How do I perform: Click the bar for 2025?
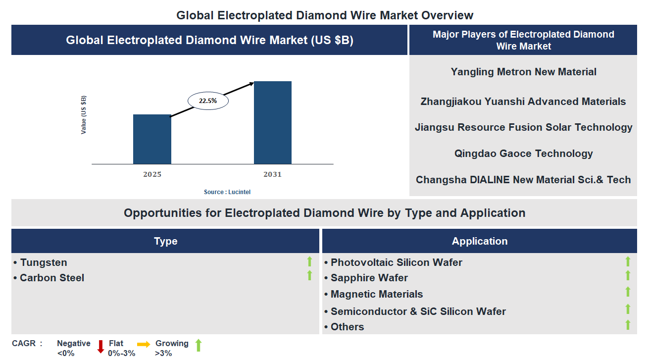pos(152,139)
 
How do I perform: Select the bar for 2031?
pos(273,122)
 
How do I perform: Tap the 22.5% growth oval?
pos(208,101)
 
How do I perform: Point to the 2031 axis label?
pos(273,174)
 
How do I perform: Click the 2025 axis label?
pos(152,174)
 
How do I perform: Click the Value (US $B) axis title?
pos(84,115)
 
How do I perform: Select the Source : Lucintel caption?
pos(231,192)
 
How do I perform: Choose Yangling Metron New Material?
pos(523,72)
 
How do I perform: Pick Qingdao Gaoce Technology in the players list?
pos(523,154)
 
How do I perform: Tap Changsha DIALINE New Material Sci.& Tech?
pos(523,180)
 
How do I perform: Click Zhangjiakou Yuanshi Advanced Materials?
pos(523,102)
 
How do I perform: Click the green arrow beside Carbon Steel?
pos(309,275)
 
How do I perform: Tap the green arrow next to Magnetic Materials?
pos(628,292)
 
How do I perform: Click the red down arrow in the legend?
pos(100,346)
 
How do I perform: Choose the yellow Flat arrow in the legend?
pos(144,344)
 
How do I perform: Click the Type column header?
pos(165,241)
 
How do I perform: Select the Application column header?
pos(479,241)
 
